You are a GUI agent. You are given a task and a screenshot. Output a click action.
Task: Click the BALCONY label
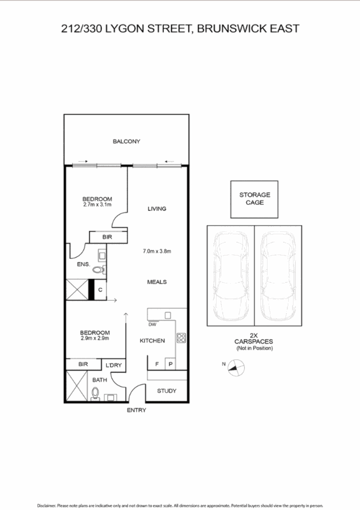(126, 141)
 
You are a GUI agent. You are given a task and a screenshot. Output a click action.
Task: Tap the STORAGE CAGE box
(254, 199)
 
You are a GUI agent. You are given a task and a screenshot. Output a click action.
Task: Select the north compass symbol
(236, 367)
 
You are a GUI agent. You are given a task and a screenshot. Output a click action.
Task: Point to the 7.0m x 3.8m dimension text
(157, 251)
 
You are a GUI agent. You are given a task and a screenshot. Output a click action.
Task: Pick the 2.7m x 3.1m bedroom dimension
(97, 204)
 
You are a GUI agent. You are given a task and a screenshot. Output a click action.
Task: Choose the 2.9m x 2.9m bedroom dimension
(95, 339)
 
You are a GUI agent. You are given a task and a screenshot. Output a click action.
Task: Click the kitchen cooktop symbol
(182, 338)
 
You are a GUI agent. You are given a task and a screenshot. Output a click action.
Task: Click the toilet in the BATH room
(95, 393)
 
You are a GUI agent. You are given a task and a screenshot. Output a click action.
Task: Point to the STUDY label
(167, 391)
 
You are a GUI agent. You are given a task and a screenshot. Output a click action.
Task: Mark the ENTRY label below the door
(136, 410)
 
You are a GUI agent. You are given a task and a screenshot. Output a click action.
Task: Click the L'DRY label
(114, 365)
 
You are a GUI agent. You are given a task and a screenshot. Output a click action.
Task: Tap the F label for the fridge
(157, 365)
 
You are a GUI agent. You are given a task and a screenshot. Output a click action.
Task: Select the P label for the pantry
(169, 365)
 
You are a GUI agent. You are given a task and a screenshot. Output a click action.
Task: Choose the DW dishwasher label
(152, 324)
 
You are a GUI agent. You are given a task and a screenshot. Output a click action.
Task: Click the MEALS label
(157, 282)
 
